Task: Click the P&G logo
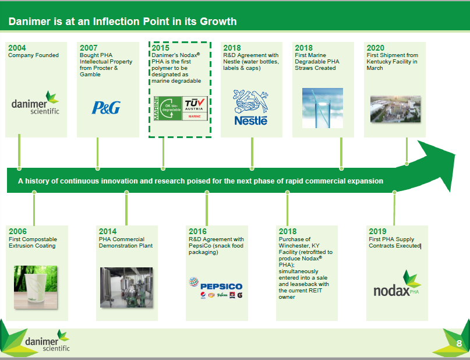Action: tap(106, 108)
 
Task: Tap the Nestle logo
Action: tap(250, 107)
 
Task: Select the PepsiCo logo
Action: tap(216, 288)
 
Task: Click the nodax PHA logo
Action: tap(397, 283)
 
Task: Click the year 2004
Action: tap(17, 48)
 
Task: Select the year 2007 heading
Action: tap(89, 48)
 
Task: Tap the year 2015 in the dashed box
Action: tap(160, 48)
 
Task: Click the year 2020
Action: tap(375, 48)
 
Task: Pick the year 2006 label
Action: tap(17, 231)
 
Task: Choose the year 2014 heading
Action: tap(108, 231)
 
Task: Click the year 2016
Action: tap(197, 231)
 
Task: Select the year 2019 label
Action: tap(377, 231)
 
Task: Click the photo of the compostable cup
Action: tap(36, 287)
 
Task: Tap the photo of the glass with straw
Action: tap(323, 108)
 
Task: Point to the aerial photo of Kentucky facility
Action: tap(395, 109)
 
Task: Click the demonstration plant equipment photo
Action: tap(126, 287)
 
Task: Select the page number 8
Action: tap(459, 343)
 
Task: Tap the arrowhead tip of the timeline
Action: tap(455, 155)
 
